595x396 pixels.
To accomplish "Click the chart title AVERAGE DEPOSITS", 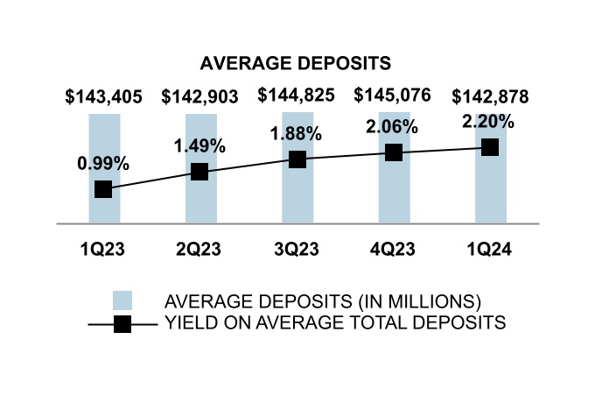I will click(x=295, y=64).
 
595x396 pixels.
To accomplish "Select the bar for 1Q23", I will click(x=103, y=210).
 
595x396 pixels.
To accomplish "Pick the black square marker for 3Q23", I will click(x=297, y=159).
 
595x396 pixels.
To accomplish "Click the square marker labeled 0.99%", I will click(x=103, y=189).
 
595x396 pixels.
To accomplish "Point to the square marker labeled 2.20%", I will click(x=490, y=147).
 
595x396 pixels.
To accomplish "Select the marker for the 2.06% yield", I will click(x=394, y=152).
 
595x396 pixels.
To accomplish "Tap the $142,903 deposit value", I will click(x=200, y=96).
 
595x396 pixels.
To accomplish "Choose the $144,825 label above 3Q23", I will click(x=297, y=96).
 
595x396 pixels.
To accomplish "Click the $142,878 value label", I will click(x=490, y=96).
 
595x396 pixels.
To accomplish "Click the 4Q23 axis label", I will click(x=394, y=250).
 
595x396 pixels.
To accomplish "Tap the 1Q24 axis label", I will click(x=490, y=250).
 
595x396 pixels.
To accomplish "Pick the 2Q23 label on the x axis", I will click(x=200, y=250).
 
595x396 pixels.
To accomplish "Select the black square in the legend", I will click(x=122, y=323).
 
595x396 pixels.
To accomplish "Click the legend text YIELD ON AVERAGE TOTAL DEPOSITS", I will click(x=335, y=323).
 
